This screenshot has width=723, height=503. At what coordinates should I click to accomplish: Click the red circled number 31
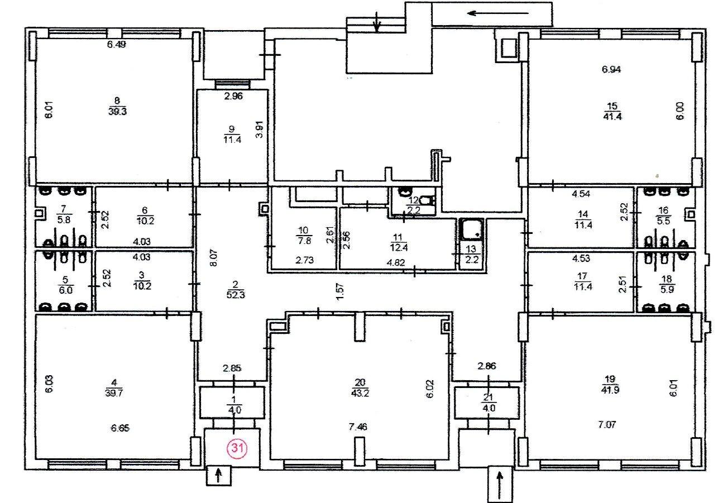237,448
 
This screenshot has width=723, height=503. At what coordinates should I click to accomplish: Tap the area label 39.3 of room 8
117,112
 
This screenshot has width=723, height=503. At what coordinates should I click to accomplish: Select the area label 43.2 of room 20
360,393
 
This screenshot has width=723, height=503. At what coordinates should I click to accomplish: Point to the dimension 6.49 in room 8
116,45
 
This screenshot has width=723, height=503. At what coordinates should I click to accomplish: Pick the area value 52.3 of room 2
236,294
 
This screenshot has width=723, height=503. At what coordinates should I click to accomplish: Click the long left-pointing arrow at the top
498,13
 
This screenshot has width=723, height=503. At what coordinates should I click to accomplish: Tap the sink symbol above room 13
472,229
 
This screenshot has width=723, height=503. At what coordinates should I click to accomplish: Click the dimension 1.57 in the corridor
341,291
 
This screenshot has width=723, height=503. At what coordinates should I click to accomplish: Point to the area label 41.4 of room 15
612,116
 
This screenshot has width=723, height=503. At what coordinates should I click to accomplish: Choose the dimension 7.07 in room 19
607,424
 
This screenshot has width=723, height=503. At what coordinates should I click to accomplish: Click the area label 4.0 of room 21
489,408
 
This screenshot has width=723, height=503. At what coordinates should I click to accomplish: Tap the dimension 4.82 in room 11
396,262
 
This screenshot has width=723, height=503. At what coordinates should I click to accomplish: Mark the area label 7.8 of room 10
304,241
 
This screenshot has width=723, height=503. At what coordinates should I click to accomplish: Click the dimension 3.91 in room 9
260,130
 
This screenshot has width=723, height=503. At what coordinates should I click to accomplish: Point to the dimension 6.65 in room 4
120,428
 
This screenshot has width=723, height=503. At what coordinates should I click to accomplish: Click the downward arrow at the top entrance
377,22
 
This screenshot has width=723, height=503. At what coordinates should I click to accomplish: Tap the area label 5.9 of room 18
667,289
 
